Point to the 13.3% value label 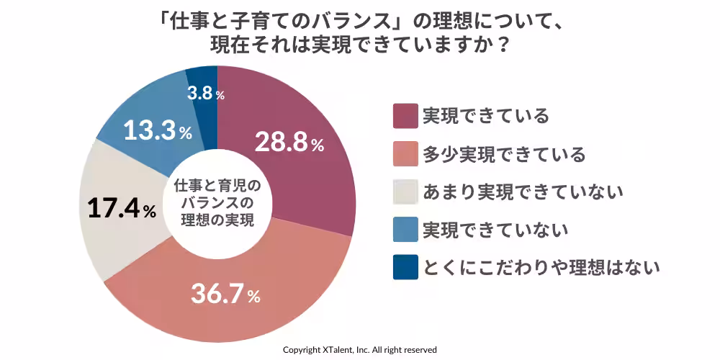pos(157,131)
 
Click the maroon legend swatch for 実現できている pos(405,115)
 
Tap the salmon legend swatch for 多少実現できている pos(405,153)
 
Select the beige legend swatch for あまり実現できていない pos(405,192)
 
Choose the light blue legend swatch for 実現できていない pos(405,230)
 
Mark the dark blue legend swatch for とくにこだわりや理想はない pos(405,268)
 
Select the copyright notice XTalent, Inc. pos(359,349)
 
